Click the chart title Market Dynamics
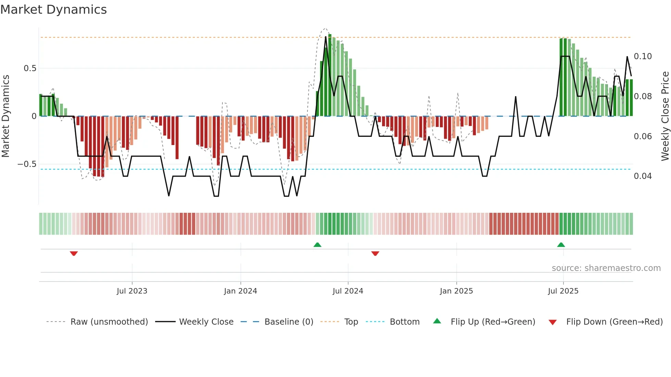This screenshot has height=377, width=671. (53, 10)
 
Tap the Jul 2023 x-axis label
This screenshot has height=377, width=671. (132, 291)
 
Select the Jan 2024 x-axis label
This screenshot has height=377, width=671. (240, 291)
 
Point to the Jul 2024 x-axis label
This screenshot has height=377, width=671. (348, 291)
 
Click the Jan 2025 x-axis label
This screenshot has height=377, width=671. (456, 291)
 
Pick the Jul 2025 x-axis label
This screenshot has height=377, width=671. (563, 291)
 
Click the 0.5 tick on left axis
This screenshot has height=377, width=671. (30, 68)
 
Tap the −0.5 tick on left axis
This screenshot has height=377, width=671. (27, 164)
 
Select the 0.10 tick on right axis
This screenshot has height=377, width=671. (643, 56)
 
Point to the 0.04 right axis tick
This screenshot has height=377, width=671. (643, 176)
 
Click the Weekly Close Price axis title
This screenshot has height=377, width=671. (665, 116)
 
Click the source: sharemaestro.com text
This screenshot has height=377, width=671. (606, 268)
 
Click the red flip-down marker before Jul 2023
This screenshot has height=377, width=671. (74, 253)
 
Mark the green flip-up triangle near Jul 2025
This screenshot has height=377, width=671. (561, 245)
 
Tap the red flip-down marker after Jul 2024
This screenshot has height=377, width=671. (375, 253)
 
